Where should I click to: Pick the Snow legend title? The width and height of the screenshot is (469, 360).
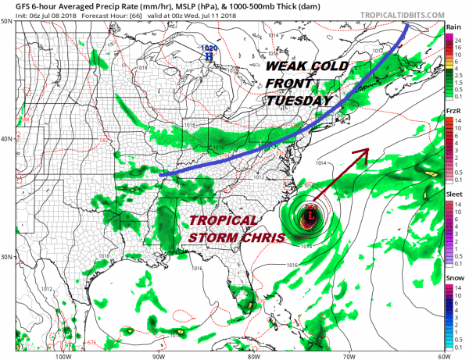coord(453,276)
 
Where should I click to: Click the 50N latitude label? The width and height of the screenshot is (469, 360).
coord(6,21)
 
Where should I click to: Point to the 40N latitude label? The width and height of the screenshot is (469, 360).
coord(6,139)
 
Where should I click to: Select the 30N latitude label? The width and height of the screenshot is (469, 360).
coord(6,257)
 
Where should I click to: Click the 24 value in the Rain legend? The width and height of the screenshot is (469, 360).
coord(460,39)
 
